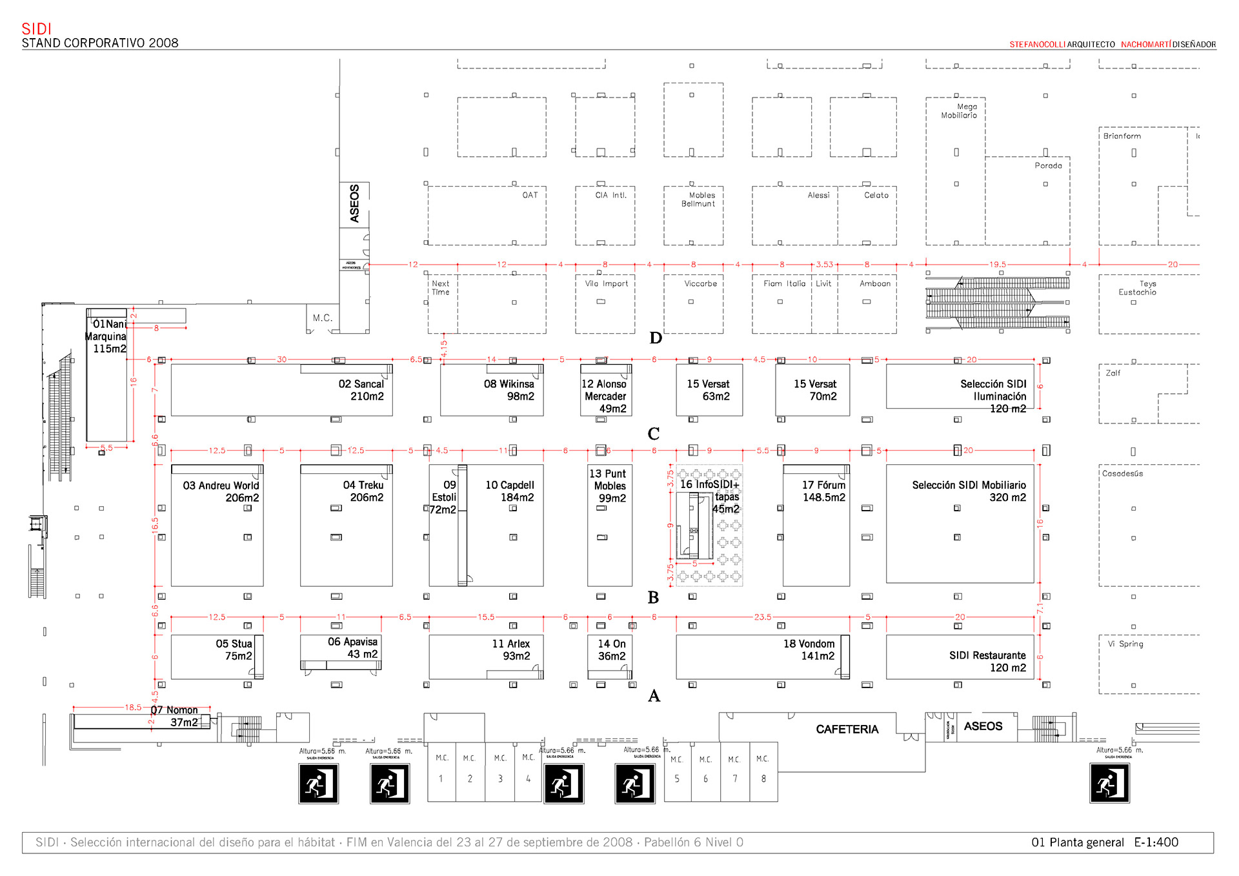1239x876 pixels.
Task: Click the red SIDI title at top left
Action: pos(36,29)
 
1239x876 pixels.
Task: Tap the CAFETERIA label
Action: pos(847,729)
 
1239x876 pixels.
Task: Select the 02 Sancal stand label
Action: pos(361,390)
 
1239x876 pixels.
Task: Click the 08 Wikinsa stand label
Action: pos(509,390)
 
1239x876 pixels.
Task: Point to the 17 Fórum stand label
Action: pos(823,491)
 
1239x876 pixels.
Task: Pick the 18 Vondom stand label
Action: pos(809,650)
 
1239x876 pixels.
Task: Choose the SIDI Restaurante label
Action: pos(987,662)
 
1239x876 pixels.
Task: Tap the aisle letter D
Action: pos(656,338)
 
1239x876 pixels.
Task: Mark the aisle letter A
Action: pos(654,696)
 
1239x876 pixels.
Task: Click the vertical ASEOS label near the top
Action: pos(354,204)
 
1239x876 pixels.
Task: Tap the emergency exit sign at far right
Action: pos(1109,783)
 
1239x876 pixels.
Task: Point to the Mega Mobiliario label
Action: pos(960,111)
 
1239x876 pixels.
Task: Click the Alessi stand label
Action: pos(818,195)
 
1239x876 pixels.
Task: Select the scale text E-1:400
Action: pos(1156,842)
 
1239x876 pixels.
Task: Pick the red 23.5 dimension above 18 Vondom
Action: pos(762,617)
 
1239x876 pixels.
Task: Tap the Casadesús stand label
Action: pos(1122,474)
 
